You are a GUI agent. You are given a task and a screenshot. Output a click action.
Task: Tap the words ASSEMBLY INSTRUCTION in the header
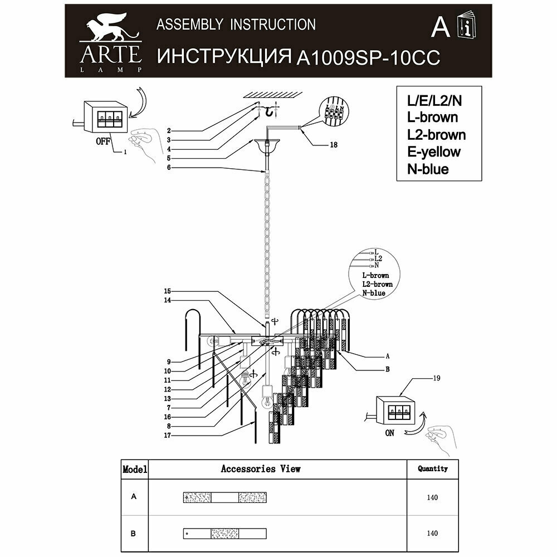tap(236, 25)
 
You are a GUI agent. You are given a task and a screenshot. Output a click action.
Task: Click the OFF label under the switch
tap(102, 141)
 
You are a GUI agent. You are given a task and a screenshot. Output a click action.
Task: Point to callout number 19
tap(437, 379)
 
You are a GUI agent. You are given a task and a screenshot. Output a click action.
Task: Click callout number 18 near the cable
tap(333, 144)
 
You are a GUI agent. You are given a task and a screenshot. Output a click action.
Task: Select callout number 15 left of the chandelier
tap(168, 291)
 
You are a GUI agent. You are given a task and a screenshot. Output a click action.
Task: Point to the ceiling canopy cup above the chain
tap(267, 147)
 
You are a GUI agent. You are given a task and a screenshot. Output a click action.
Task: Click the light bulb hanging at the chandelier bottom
tap(267, 399)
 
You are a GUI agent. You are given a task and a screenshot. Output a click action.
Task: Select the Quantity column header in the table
tap(432, 469)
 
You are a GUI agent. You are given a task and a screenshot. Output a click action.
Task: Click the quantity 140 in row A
tap(432, 497)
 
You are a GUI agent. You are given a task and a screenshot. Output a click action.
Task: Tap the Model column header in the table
tap(134, 469)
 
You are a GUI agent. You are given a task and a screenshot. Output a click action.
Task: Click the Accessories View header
tap(261, 469)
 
